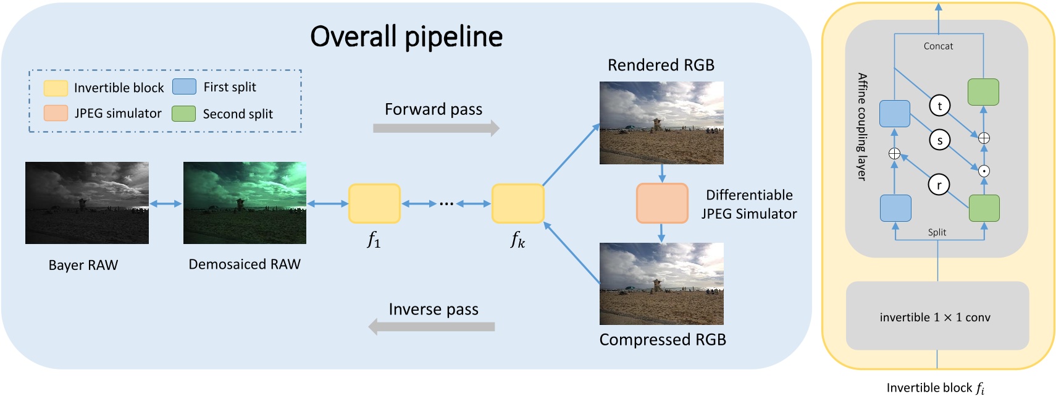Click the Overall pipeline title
coord(406,36)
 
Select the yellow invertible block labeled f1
coord(374,203)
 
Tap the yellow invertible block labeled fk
coord(518,203)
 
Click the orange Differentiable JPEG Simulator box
coord(662,203)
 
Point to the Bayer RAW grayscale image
coord(87,203)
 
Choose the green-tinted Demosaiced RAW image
coord(245,203)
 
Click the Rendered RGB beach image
coord(661,122)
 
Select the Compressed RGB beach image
coord(661,284)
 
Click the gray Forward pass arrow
coord(436,128)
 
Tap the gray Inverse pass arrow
coord(432,326)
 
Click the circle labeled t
coord(939,106)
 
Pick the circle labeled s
coord(939,140)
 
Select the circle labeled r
coord(939,184)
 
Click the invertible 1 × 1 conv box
coord(937,316)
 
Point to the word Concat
coord(938,46)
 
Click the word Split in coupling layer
coord(937,232)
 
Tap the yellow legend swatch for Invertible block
coord(56,88)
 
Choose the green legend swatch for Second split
coord(183,114)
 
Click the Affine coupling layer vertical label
coord(862,127)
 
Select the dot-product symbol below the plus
coord(984,171)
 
